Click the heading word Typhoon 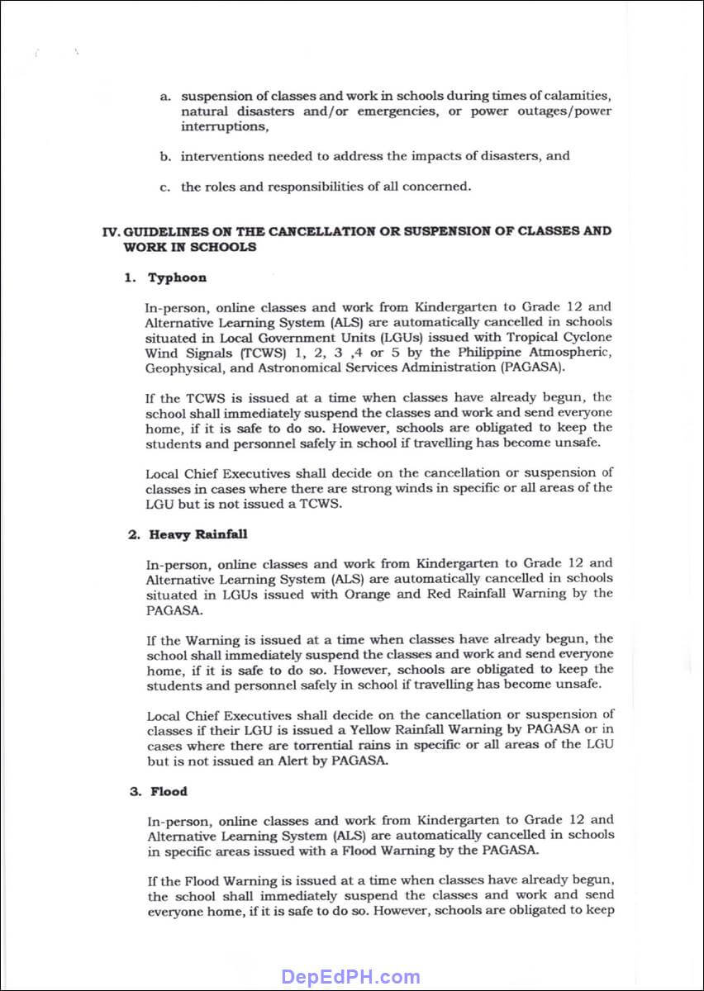point(177,277)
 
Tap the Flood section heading point(169,791)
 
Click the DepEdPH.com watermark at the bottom point(351,977)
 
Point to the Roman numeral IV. point(111,231)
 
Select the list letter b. point(165,156)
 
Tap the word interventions point(221,156)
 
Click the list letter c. point(165,187)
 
